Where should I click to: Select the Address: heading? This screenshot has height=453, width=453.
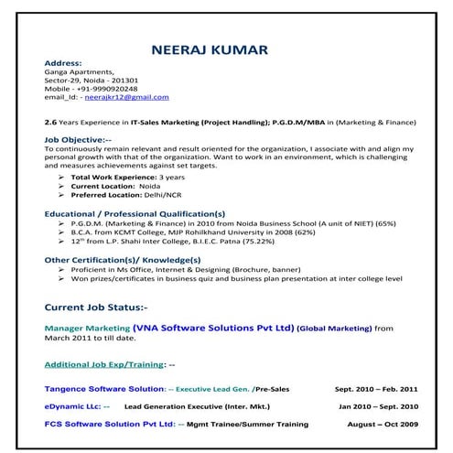63,61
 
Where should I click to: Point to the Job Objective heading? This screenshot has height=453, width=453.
82,139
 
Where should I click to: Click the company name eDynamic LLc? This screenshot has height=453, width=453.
73,405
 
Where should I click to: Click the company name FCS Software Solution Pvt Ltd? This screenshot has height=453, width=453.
109,425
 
